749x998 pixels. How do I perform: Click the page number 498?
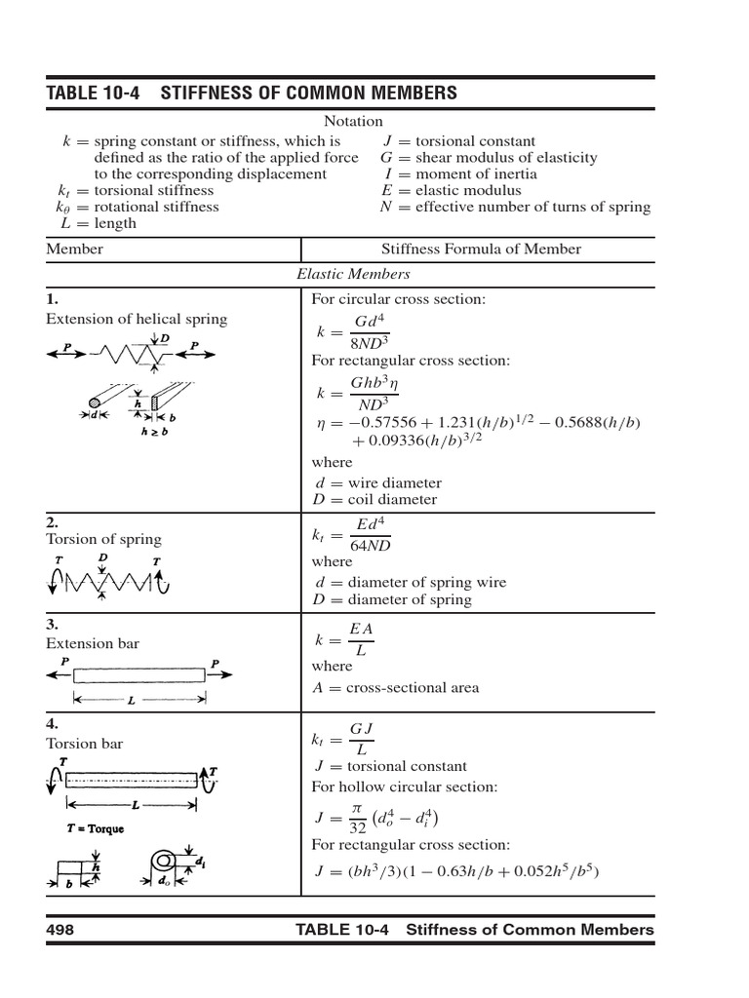click(x=60, y=930)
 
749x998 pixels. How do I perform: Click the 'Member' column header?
click(x=75, y=249)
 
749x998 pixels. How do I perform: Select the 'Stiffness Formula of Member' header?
click(x=481, y=249)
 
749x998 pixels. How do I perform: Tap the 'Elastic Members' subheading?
click(x=353, y=274)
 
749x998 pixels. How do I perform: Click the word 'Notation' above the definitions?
click(x=353, y=121)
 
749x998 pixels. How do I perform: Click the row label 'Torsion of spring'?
click(x=104, y=539)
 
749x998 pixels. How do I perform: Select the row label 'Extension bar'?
click(x=93, y=643)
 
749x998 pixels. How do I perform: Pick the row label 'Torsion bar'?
click(x=85, y=744)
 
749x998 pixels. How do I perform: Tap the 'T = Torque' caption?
click(x=96, y=829)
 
